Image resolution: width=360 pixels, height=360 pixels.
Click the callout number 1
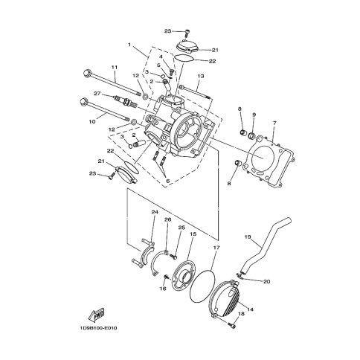129,45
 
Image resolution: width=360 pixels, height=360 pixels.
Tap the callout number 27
97,94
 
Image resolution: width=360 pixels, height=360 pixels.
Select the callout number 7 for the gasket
274,123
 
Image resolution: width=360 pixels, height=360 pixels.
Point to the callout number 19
248,237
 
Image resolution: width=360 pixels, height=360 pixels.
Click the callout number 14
251,309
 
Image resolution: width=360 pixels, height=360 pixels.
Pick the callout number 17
216,248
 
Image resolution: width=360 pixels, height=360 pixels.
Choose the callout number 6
167,181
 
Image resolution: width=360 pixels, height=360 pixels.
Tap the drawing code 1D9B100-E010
98,328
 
